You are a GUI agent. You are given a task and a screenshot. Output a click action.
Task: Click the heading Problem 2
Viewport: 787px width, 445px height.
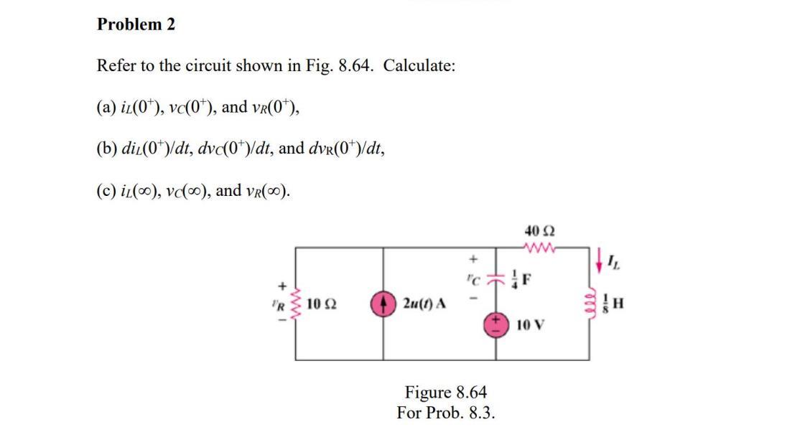coord(136,24)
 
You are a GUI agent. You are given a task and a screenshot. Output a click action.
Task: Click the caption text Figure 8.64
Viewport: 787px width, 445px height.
coord(446,393)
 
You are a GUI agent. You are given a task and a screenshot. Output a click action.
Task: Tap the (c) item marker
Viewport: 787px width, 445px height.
coord(106,192)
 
